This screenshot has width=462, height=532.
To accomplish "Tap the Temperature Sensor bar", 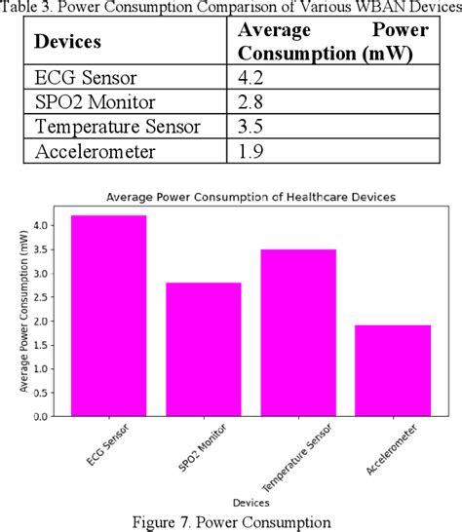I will coord(296,332).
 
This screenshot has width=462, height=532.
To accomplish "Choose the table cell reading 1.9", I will coord(253,151).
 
